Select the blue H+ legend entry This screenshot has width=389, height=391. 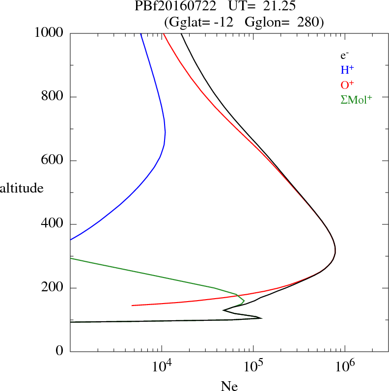point(346,70)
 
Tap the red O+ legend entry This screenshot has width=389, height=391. point(347,84)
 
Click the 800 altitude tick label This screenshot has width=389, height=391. point(53,97)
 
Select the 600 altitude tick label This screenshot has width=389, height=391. point(53,161)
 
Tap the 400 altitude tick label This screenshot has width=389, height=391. point(53,224)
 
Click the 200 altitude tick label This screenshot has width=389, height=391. point(53,288)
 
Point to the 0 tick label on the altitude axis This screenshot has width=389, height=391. point(60,352)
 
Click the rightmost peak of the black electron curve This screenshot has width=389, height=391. point(335,251)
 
